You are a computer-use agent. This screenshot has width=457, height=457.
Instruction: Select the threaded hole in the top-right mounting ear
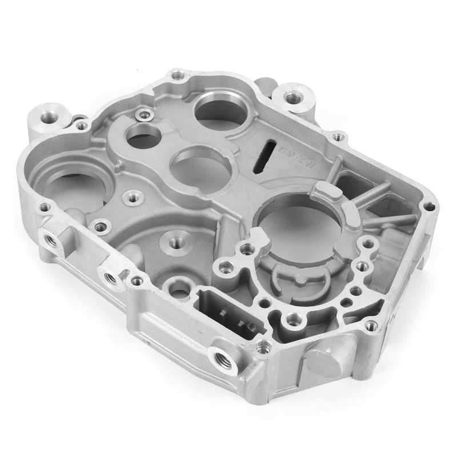tap(292, 98)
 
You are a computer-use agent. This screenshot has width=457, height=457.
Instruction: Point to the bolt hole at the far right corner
tap(430, 206)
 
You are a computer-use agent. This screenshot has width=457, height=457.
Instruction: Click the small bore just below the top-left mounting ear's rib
tap(143, 135)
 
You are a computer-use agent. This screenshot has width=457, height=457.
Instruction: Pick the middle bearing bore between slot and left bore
tap(200, 166)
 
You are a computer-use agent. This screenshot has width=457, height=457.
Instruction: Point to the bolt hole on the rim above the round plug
tap(371, 326)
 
